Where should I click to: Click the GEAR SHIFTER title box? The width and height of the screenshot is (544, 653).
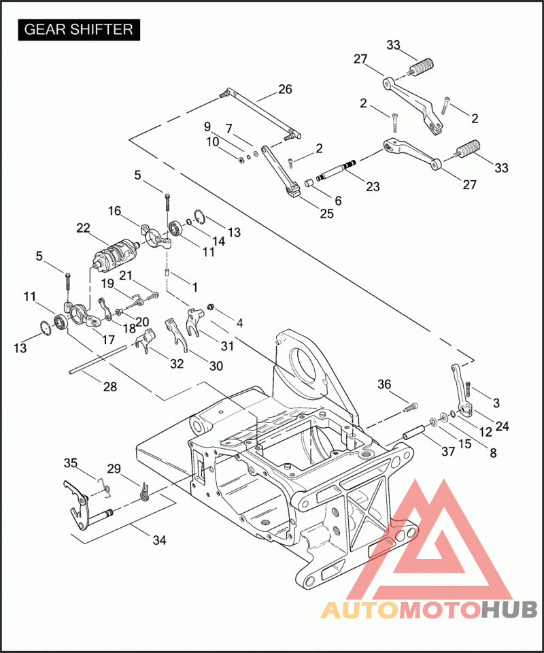click(x=79, y=29)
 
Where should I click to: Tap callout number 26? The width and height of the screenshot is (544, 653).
click(x=285, y=89)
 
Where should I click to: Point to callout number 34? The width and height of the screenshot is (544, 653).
click(x=159, y=540)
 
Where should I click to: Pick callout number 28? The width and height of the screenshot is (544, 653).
click(x=110, y=387)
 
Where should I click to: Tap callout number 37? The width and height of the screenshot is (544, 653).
click(x=448, y=451)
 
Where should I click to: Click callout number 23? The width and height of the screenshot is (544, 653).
click(x=373, y=186)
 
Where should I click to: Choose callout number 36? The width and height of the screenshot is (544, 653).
click(x=384, y=384)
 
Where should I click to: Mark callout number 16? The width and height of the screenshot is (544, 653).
click(x=114, y=211)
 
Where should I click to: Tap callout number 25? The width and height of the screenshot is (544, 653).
click(x=326, y=214)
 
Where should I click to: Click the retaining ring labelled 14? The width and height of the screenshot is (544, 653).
click(x=189, y=222)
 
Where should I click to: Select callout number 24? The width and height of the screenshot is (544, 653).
click(x=502, y=426)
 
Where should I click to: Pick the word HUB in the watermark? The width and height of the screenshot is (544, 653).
click(x=509, y=609)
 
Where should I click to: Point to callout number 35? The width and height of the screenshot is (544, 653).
click(x=70, y=463)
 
